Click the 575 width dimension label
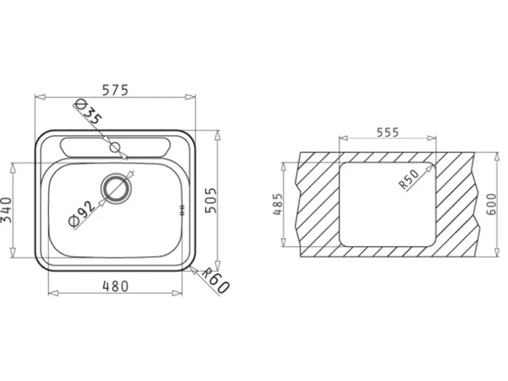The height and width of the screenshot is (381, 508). pos(115,90)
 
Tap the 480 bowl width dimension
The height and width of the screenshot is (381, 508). pos(115,286)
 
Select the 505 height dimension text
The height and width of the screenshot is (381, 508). pos(212,200)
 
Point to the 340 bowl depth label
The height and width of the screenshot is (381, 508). pos(6,210)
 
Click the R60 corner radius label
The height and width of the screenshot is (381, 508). pos(216,280)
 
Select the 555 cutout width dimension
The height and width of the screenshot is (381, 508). pos(387,132)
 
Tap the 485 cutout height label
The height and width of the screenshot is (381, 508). pos(278,204)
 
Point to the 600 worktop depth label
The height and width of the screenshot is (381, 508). pos(491,204)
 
